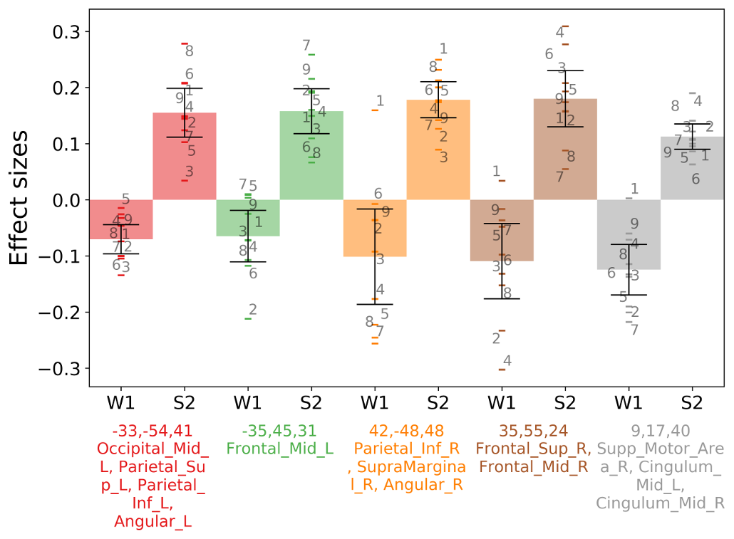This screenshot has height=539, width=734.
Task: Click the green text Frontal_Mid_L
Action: (280, 449)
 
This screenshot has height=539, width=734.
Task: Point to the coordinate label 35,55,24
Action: (531, 431)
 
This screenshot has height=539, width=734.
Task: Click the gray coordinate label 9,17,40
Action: (661, 431)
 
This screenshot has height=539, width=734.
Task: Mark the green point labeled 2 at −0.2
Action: (247, 318)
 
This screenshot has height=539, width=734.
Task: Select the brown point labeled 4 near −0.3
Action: (502, 370)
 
